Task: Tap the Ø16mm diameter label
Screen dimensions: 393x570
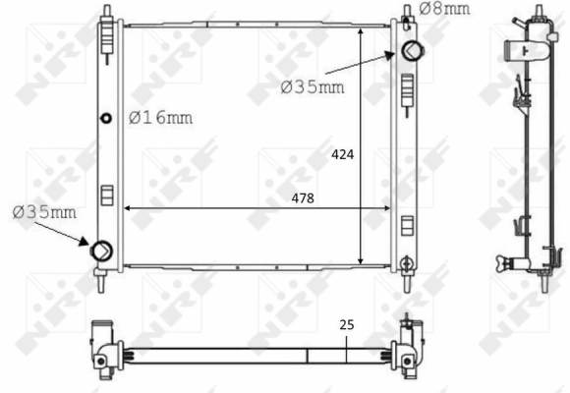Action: click(x=160, y=118)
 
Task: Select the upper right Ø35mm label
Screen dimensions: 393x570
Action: click(x=313, y=86)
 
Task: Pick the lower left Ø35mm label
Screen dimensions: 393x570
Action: click(x=45, y=211)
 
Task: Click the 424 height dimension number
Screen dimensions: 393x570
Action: click(x=343, y=154)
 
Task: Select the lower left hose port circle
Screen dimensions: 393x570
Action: click(x=100, y=251)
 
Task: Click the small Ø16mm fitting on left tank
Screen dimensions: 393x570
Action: click(x=107, y=118)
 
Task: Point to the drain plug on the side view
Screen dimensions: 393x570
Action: click(x=506, y=261)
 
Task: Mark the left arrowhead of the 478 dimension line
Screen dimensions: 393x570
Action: click(x=125, y=207)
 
